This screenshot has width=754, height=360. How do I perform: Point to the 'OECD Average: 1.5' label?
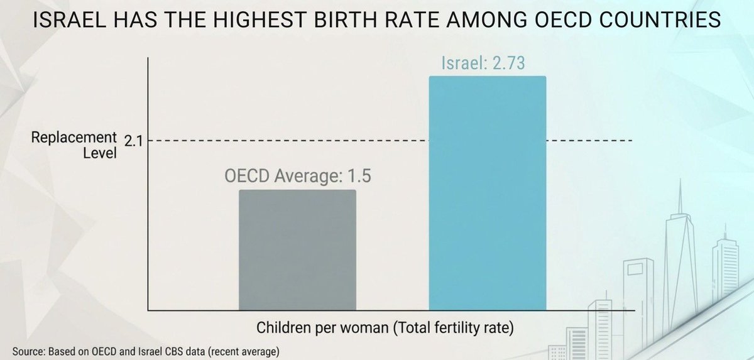click(x=298, y=176)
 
